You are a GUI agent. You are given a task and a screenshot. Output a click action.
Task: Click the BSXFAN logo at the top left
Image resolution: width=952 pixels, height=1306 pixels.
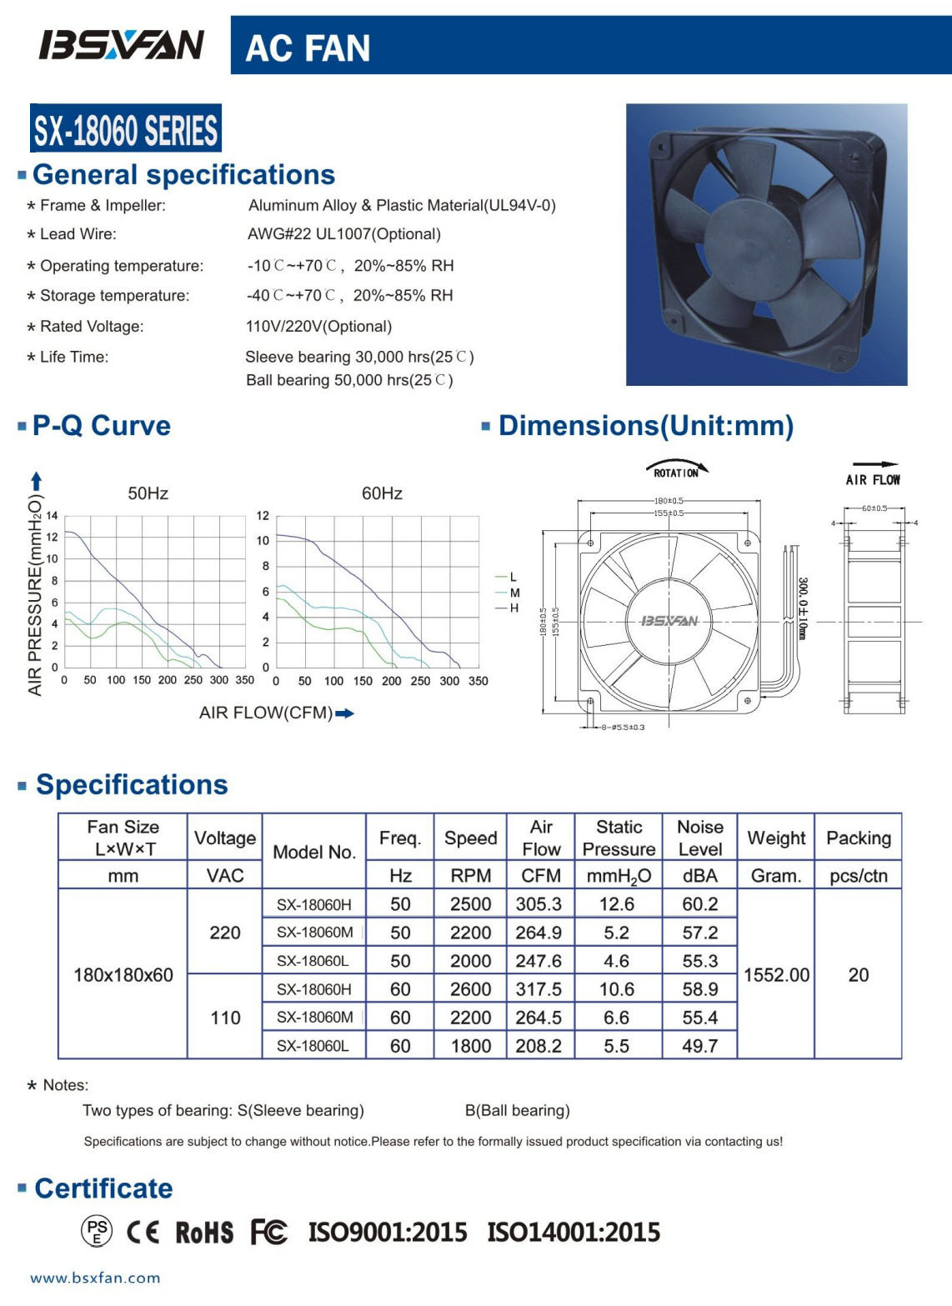121,45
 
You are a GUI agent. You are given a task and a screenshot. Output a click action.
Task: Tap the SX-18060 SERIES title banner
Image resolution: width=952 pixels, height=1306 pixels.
126,129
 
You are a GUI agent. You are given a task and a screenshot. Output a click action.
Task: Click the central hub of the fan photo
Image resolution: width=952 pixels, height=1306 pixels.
754,244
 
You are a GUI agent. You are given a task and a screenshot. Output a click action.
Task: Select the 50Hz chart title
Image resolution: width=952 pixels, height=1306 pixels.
148,493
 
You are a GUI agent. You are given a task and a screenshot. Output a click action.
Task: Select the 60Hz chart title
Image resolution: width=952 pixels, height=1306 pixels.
382,493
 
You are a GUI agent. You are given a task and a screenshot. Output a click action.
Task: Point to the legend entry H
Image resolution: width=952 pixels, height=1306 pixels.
514,608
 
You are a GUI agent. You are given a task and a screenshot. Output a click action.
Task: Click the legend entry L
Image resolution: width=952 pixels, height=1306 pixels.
513,577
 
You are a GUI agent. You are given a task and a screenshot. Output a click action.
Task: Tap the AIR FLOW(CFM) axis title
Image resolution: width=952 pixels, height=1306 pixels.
266,713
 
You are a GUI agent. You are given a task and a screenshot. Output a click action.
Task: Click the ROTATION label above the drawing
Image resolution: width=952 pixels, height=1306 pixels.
676,473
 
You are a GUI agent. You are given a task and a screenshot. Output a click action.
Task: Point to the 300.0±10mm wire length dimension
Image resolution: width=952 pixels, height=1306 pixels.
802,608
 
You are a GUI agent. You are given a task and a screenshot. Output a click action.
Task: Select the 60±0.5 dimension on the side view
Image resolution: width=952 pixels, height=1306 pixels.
874,508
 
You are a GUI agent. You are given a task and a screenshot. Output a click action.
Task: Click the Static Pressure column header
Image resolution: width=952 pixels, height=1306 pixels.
619,838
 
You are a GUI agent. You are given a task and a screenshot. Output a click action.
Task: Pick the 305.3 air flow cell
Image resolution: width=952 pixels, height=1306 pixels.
539,904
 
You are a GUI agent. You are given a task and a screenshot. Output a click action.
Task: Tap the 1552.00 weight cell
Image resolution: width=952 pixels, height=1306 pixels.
776,975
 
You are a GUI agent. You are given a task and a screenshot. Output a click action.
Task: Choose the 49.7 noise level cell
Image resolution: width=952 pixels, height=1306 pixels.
699,1046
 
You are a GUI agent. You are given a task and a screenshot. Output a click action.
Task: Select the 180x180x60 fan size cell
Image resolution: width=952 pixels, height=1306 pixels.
123,975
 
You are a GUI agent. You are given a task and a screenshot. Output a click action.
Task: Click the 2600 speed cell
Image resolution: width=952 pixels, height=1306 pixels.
470,989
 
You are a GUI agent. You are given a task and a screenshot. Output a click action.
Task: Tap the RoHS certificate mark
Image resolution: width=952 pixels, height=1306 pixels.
204,1233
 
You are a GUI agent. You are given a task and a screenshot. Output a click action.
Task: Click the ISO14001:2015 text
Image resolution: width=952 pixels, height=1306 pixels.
574,1232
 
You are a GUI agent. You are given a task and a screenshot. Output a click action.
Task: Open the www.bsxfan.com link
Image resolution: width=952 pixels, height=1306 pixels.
95,1278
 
